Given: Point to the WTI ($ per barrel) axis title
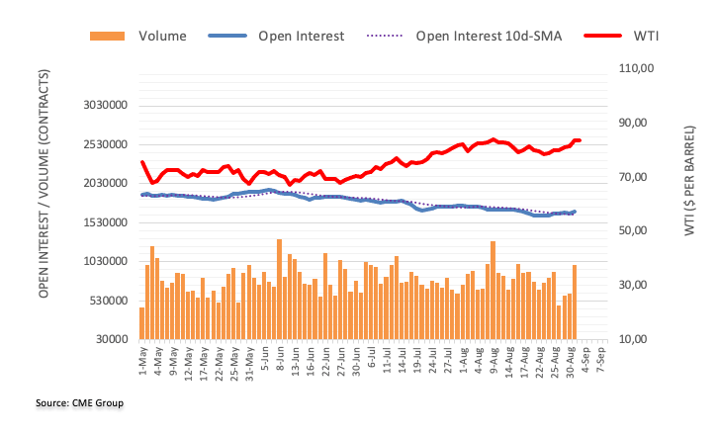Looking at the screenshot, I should (689, 204).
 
